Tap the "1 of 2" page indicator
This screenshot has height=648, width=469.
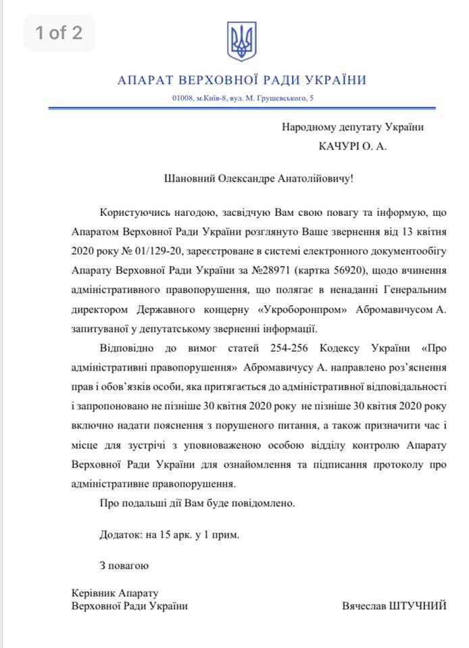59,32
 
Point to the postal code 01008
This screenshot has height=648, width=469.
182,99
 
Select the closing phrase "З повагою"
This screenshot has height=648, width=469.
123,564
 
